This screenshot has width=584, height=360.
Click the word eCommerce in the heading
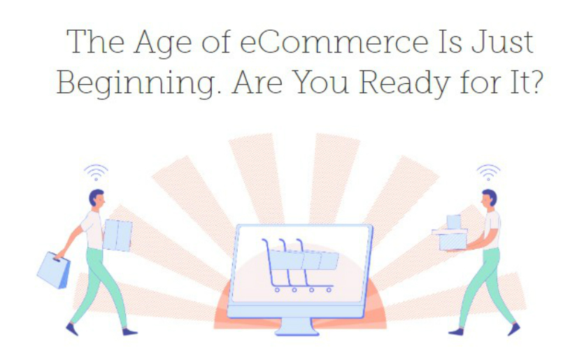[334, 42]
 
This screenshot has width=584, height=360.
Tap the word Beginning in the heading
[136, 83]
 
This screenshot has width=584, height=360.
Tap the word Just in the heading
[502, 42]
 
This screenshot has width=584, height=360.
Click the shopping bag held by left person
[54, 270]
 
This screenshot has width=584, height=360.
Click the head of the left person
[97, 199]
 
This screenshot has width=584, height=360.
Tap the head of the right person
[489, 198]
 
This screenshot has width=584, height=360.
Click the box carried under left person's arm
[117, 236]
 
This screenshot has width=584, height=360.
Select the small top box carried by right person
[454, 222]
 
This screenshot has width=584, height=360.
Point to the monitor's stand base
[297, 327]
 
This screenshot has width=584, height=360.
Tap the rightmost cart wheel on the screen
[329, 289]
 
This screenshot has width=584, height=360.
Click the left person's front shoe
[130, 332]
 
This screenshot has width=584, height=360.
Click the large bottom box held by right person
[452, 242]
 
